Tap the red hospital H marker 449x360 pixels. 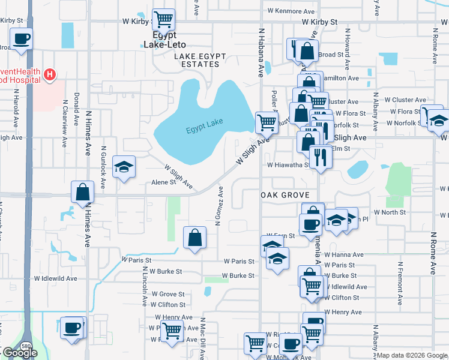click(50, 75)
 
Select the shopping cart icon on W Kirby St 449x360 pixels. click(163, 19)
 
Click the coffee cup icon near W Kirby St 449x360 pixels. click(22, 40)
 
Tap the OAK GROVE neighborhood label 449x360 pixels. click(284, 196)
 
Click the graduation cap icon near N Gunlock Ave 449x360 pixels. click(124, 167)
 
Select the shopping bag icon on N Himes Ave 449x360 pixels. click(83, 192)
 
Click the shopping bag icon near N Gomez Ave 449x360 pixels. click(194, 238)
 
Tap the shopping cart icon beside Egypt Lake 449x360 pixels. click(267, 122)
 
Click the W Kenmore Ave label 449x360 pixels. click(291, 11)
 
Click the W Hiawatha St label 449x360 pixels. click(288, 164)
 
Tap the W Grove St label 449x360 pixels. click(168, 294)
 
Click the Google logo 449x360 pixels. click(20, 353)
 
